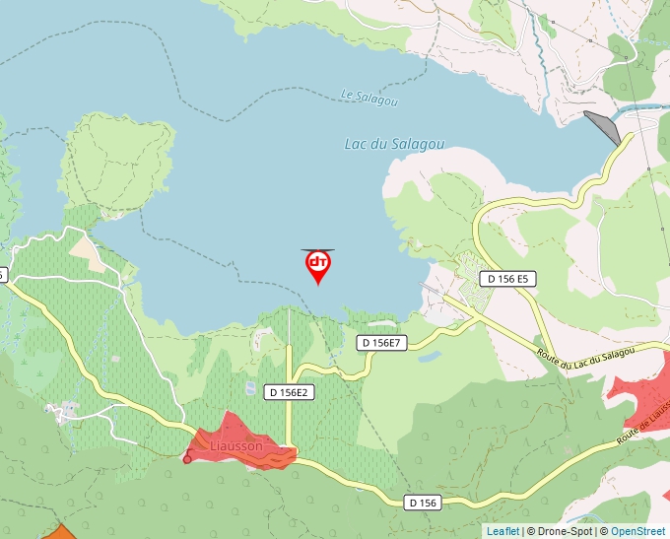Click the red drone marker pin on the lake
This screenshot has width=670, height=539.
318,264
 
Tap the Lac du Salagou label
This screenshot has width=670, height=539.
394,144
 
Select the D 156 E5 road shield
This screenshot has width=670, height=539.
508,279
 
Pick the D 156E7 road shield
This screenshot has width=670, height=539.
381,343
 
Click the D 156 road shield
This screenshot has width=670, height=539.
423,503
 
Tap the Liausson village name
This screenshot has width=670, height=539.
236,446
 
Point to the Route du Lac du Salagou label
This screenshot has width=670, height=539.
587,355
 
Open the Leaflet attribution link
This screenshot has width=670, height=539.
502,531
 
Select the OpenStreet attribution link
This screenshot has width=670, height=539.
637,531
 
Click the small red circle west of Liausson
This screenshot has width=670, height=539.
187,458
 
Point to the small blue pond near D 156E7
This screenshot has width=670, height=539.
429,357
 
